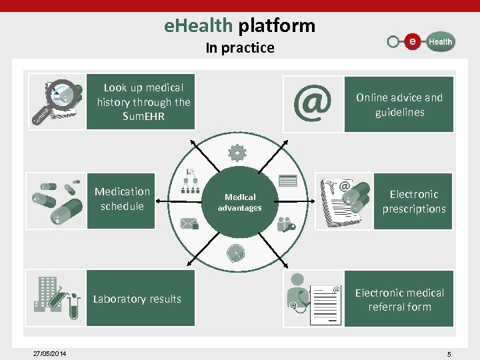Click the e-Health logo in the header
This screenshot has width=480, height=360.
(x=421, y=41)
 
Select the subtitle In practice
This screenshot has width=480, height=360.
(x=239, y=48)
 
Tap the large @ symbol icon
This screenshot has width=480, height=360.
(x=312, y=103)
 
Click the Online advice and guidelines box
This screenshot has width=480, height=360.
(x=399, y=105)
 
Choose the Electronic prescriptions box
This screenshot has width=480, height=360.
(x=413, y=201)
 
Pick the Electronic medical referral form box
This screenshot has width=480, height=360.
(x=399, y=299)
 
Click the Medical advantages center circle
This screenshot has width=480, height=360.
(x=239, y=203)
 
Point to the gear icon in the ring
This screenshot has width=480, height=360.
(x=237, y=153)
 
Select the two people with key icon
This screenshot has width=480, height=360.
(x=286, y=224)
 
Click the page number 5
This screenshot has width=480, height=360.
(x=449, y=354)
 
